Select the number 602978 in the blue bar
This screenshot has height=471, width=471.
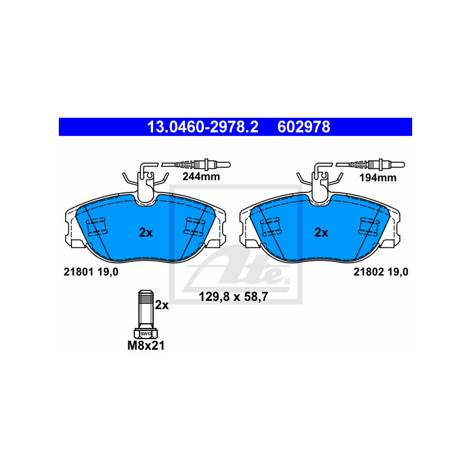(303, 127)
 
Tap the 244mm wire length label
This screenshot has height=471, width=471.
(197, 176)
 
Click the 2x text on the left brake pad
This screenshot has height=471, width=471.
(146, 233)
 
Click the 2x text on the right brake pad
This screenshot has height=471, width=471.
(321, 233)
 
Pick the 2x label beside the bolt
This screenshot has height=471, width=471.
(162, 305)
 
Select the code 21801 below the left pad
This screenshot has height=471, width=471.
(77, 271)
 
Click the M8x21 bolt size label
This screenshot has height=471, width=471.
(146, 346)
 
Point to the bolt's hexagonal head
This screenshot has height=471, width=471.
(145, 333)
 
